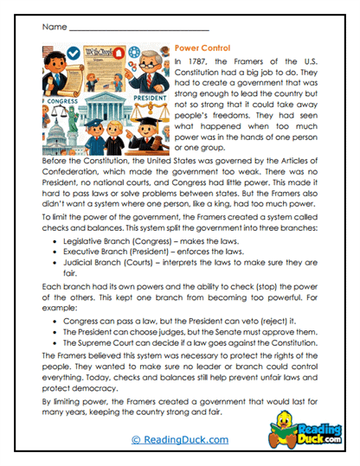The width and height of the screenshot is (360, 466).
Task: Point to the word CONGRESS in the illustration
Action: (61, 99)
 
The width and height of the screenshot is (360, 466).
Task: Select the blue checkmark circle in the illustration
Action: (73, 53)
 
